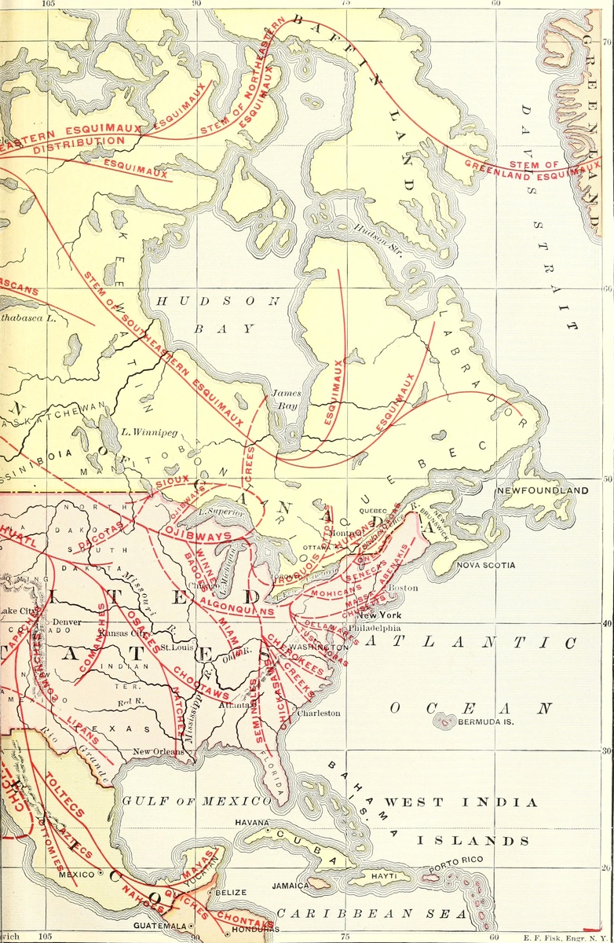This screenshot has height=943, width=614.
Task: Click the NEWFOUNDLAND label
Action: click(541, 491)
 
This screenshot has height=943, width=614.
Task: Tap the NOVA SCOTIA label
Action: click(485, 565)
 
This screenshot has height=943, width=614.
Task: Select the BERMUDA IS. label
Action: click(484, 721)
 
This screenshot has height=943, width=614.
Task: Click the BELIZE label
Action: click(231, 893)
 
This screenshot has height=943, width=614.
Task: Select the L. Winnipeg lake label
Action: click(151, 431)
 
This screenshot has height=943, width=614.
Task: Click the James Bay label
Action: click(286, 399)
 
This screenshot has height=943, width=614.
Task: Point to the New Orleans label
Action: click(157, 752)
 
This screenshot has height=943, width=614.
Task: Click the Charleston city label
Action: click(318, 714)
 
